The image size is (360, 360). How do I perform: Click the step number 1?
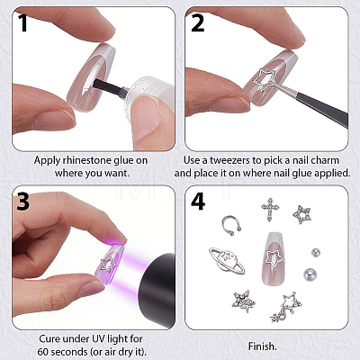click(22, 22)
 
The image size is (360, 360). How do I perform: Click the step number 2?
click(197, 22)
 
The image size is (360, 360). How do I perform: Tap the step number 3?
click(23, 201)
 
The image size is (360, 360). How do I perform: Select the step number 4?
click(198, 201)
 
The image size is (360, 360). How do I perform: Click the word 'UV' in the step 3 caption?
click(95, 339)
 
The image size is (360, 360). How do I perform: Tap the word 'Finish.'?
click(262, 346)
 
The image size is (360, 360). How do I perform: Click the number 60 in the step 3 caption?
click(43, 351)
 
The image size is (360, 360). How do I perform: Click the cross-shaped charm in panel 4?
click(270, 209)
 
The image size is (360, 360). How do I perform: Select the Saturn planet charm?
click(227, 260)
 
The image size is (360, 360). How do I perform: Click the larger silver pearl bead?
click(310, 274)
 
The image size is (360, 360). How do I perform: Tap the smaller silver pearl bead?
click(315, 253)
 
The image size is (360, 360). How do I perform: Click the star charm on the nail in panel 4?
click(273, 257)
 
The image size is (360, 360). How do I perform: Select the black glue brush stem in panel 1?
click(108, 86)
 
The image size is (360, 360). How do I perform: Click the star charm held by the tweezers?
click(265, 79)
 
